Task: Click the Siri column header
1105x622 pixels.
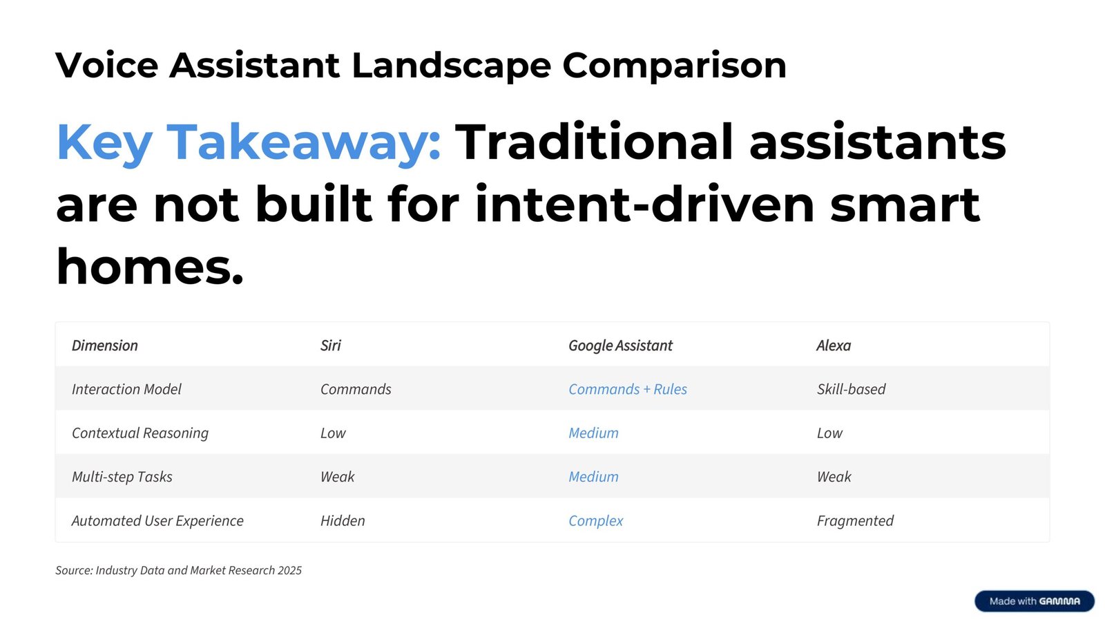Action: click(331, 346)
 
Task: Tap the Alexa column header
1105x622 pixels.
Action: click(834, 346)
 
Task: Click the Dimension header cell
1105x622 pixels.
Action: click(104, 346)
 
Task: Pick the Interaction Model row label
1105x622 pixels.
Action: click(126, 389)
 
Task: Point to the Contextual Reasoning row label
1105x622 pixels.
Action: click(140, 433)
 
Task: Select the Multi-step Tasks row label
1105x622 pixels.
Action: click(122, 477)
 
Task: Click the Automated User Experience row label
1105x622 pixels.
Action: click(157, 521)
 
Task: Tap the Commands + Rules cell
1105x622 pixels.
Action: click(628, 389)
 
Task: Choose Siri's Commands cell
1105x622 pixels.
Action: click(356, 389)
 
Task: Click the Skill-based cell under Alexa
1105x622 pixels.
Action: click(851, 389)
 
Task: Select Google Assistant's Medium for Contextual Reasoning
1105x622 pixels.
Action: click(593, 433)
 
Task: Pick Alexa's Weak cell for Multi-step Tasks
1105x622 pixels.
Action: click(834, 477)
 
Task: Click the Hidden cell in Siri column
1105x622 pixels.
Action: click(343, 521)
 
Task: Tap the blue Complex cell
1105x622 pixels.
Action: click(595, 521)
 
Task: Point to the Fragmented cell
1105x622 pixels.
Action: click(855, 521)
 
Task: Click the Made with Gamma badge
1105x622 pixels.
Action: click(1035, 601)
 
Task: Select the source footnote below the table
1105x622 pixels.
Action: click(178, 570)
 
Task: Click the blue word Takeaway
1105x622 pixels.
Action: click(303, 142)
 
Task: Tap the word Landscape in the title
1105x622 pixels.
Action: click(451, 66)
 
